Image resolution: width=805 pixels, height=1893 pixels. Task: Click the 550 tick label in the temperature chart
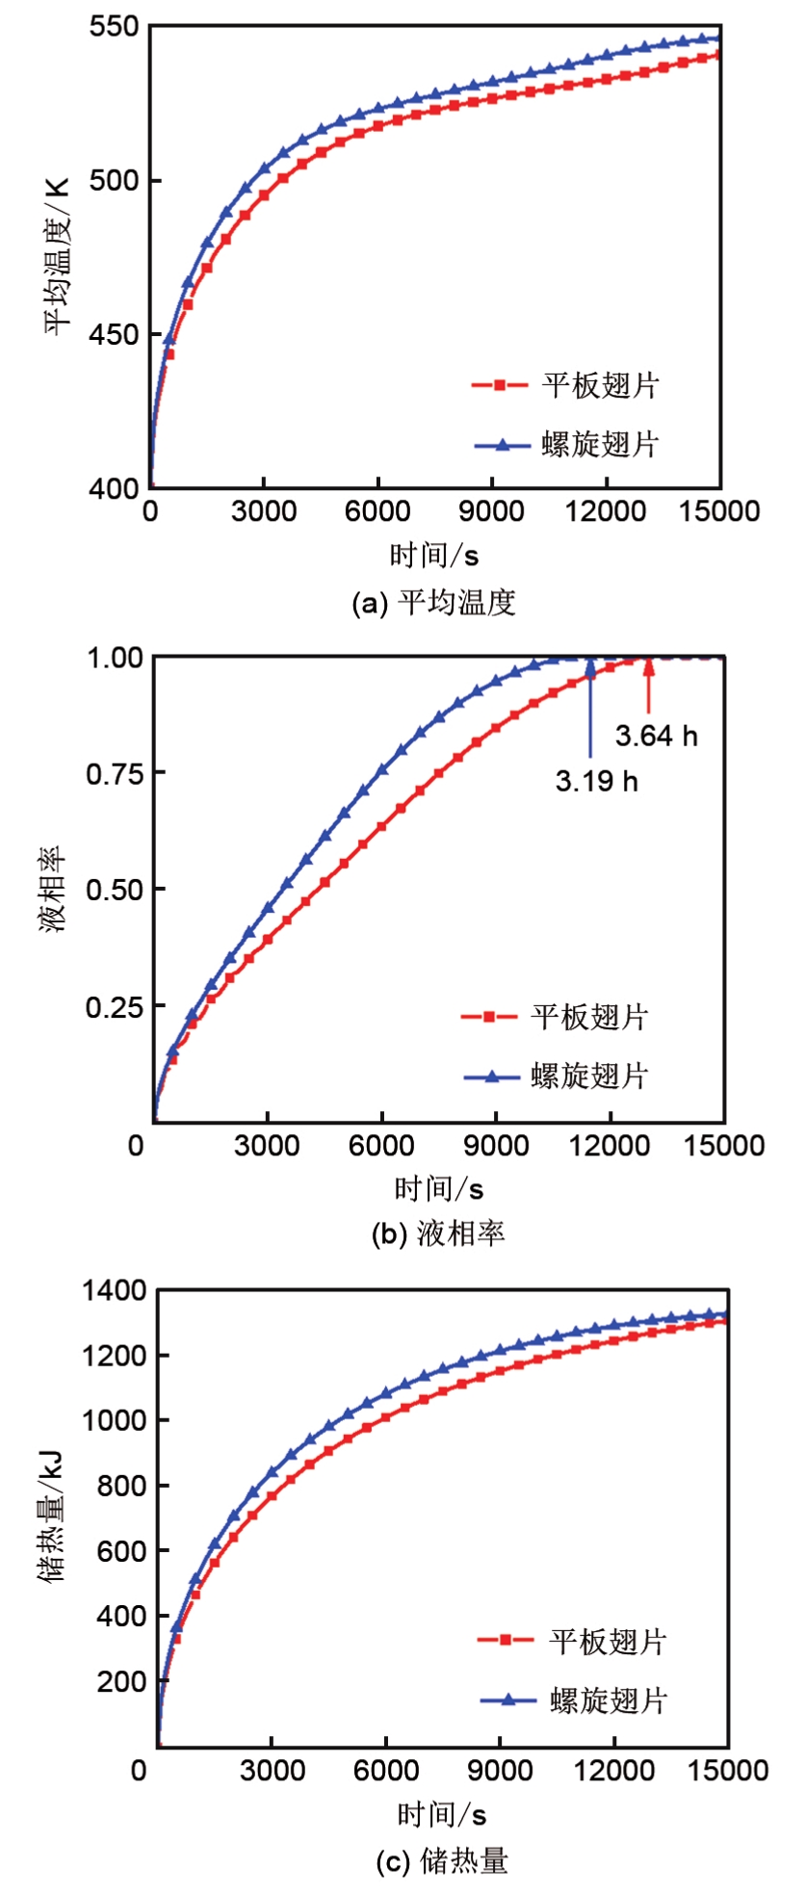click(114, 27)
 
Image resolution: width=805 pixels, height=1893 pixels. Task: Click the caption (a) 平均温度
click(434, 604)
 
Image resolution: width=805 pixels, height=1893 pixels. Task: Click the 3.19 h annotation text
click(596, 780)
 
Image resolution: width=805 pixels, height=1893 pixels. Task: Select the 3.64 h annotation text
click(657, 736)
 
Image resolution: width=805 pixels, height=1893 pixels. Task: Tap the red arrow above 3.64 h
click(648, 686)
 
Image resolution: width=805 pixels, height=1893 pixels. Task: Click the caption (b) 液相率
click(438, 1233)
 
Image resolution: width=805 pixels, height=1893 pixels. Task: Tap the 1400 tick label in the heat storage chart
click(114, 1290)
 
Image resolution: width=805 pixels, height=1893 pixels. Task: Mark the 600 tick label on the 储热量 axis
click(121, 1551)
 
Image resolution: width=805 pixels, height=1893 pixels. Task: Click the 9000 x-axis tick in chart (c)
click(502, 1770)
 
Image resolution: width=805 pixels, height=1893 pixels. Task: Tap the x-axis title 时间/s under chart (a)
click(434, 556)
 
